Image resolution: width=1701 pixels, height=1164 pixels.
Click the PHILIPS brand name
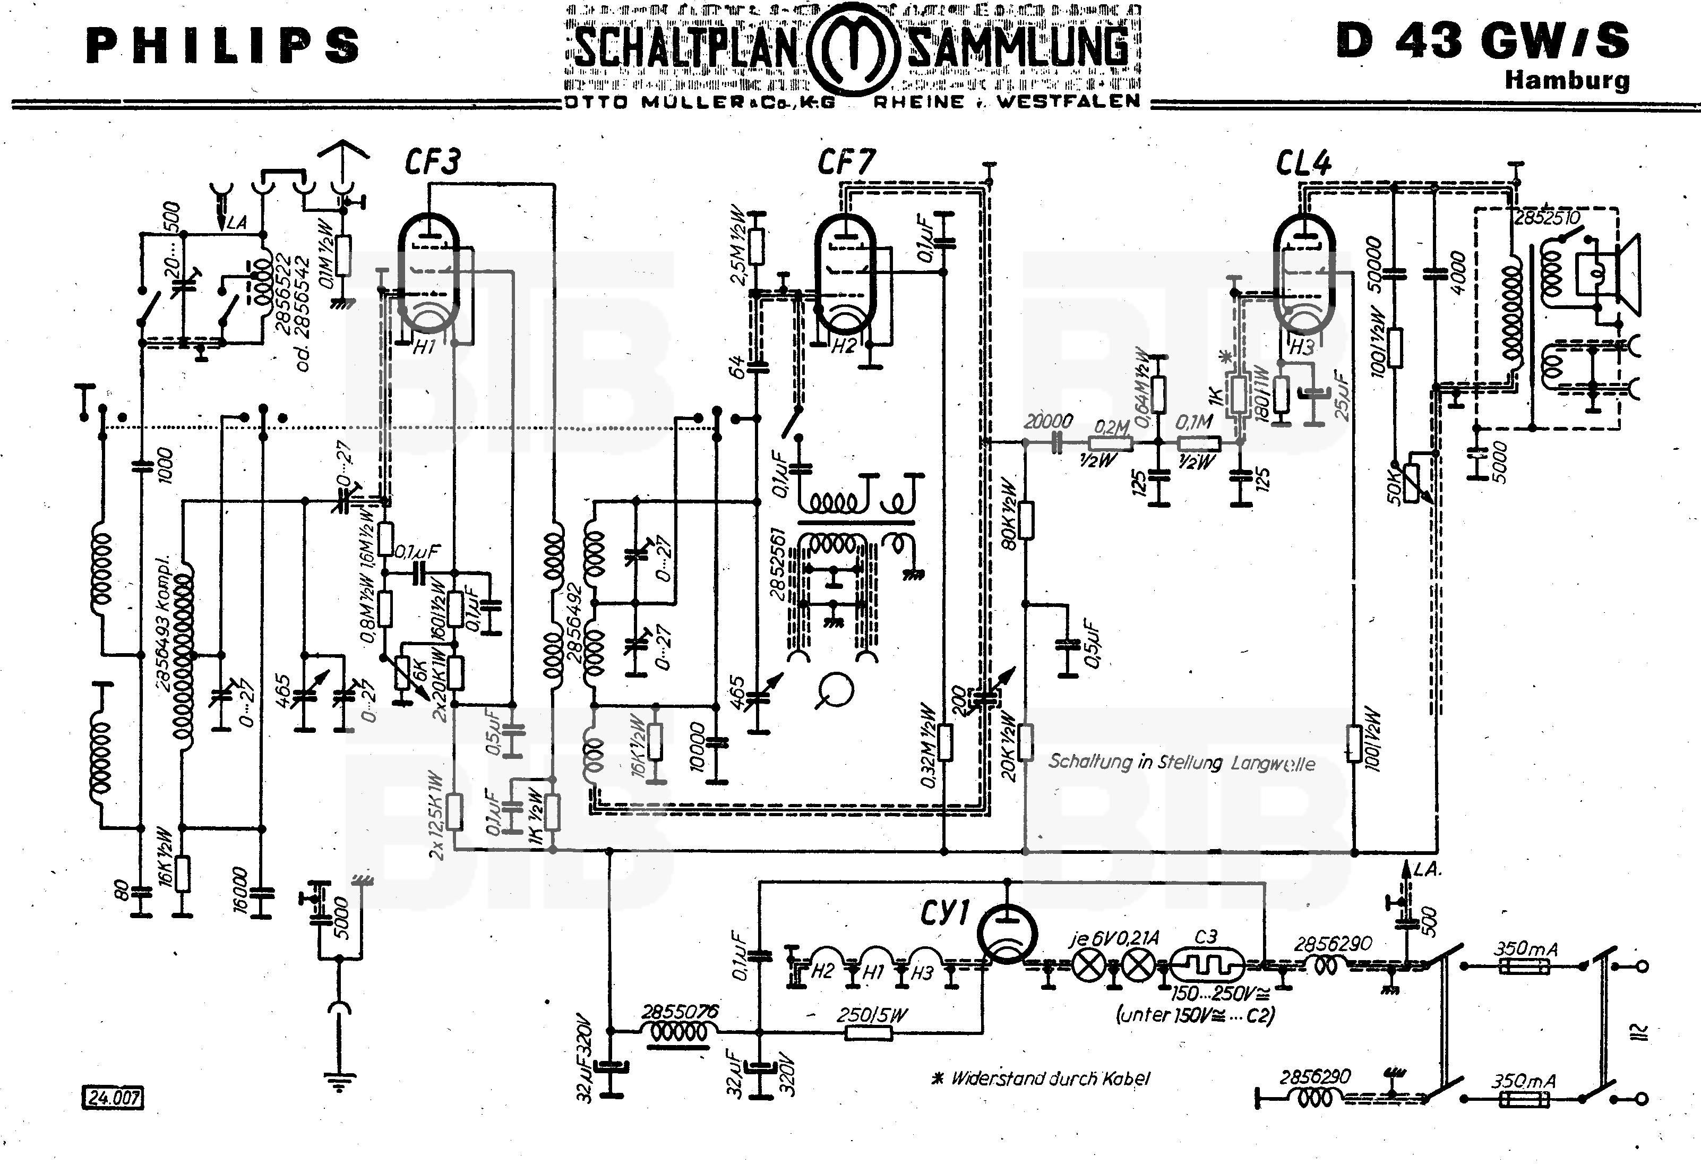coord(223,45)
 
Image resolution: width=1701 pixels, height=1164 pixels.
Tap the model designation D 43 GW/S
coord(1482,40)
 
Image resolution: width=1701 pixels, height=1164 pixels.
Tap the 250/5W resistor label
coord(872,1015)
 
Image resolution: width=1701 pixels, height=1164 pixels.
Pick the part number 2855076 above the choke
coord(680,1012)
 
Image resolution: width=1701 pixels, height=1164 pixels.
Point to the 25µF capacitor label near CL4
coord(1342,395)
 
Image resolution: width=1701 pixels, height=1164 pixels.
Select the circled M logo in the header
coord(852,49)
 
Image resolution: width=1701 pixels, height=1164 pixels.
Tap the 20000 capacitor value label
coord(1048,421)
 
